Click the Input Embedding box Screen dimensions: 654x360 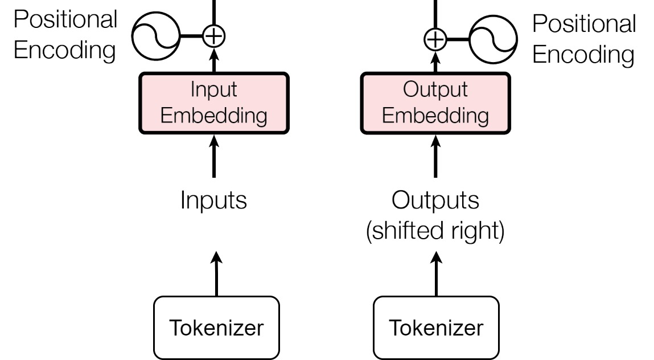pyautogui.click(x=214, y=103)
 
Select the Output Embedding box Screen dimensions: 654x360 pyautogui.click(x=435, y=103)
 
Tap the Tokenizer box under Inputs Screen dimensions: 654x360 pyautogui.click(x=216, y=328)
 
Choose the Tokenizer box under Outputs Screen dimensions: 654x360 pyautogui.click(x=436, y=328)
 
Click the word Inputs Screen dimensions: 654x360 pyautogui.click(x=213, y=200)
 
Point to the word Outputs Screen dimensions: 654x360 pyautogui.click(x=435, y=200)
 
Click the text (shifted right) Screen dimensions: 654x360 pyautogui.click(x=435, y=231)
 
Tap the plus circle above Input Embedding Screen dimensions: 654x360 pyautogui.click(x=214, y=36)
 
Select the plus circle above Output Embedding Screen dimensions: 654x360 pyautogui.click(x=435, y=40)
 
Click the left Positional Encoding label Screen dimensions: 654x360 pyautogui.click(x=65, y=35)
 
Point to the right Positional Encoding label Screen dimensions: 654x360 pyautogui.click(x=584, y=39)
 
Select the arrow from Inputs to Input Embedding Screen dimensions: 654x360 pyautogui.click(x=214, y=156)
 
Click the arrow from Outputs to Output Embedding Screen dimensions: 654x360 pyautogui.click(x=435, y=156)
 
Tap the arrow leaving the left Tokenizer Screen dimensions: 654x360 pyautogui.click(x=216, y=273)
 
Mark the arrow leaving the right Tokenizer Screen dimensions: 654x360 pyautogui.click(x=436, y=273)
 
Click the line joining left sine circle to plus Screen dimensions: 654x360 pyautogui.click(x=191, y=36)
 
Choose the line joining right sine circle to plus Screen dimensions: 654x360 pyautogui.click(x=458, y=40)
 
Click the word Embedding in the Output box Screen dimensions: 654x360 pyautogui.click(x=435, y=116)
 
